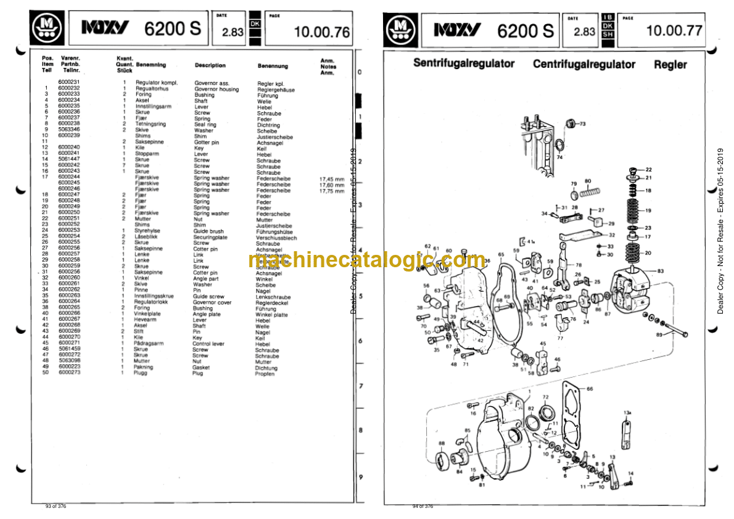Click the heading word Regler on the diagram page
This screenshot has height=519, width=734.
click(x=670, y=64)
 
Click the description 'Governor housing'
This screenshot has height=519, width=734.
click(x=216, y=89)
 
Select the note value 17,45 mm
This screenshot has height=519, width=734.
click(x=332, y=178)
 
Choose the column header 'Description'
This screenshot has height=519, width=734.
click(x=210, y=65)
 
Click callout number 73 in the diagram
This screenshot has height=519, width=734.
click(x=582, y=125)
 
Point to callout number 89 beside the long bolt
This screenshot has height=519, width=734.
click(x=659, y=334)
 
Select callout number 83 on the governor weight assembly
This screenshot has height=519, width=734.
click(x=661, y=271)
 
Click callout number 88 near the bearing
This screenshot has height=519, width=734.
click(x=441, y=443)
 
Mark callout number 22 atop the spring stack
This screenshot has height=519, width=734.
click(x=648, y=169)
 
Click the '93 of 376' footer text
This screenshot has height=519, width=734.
click(x=56, y=506)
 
